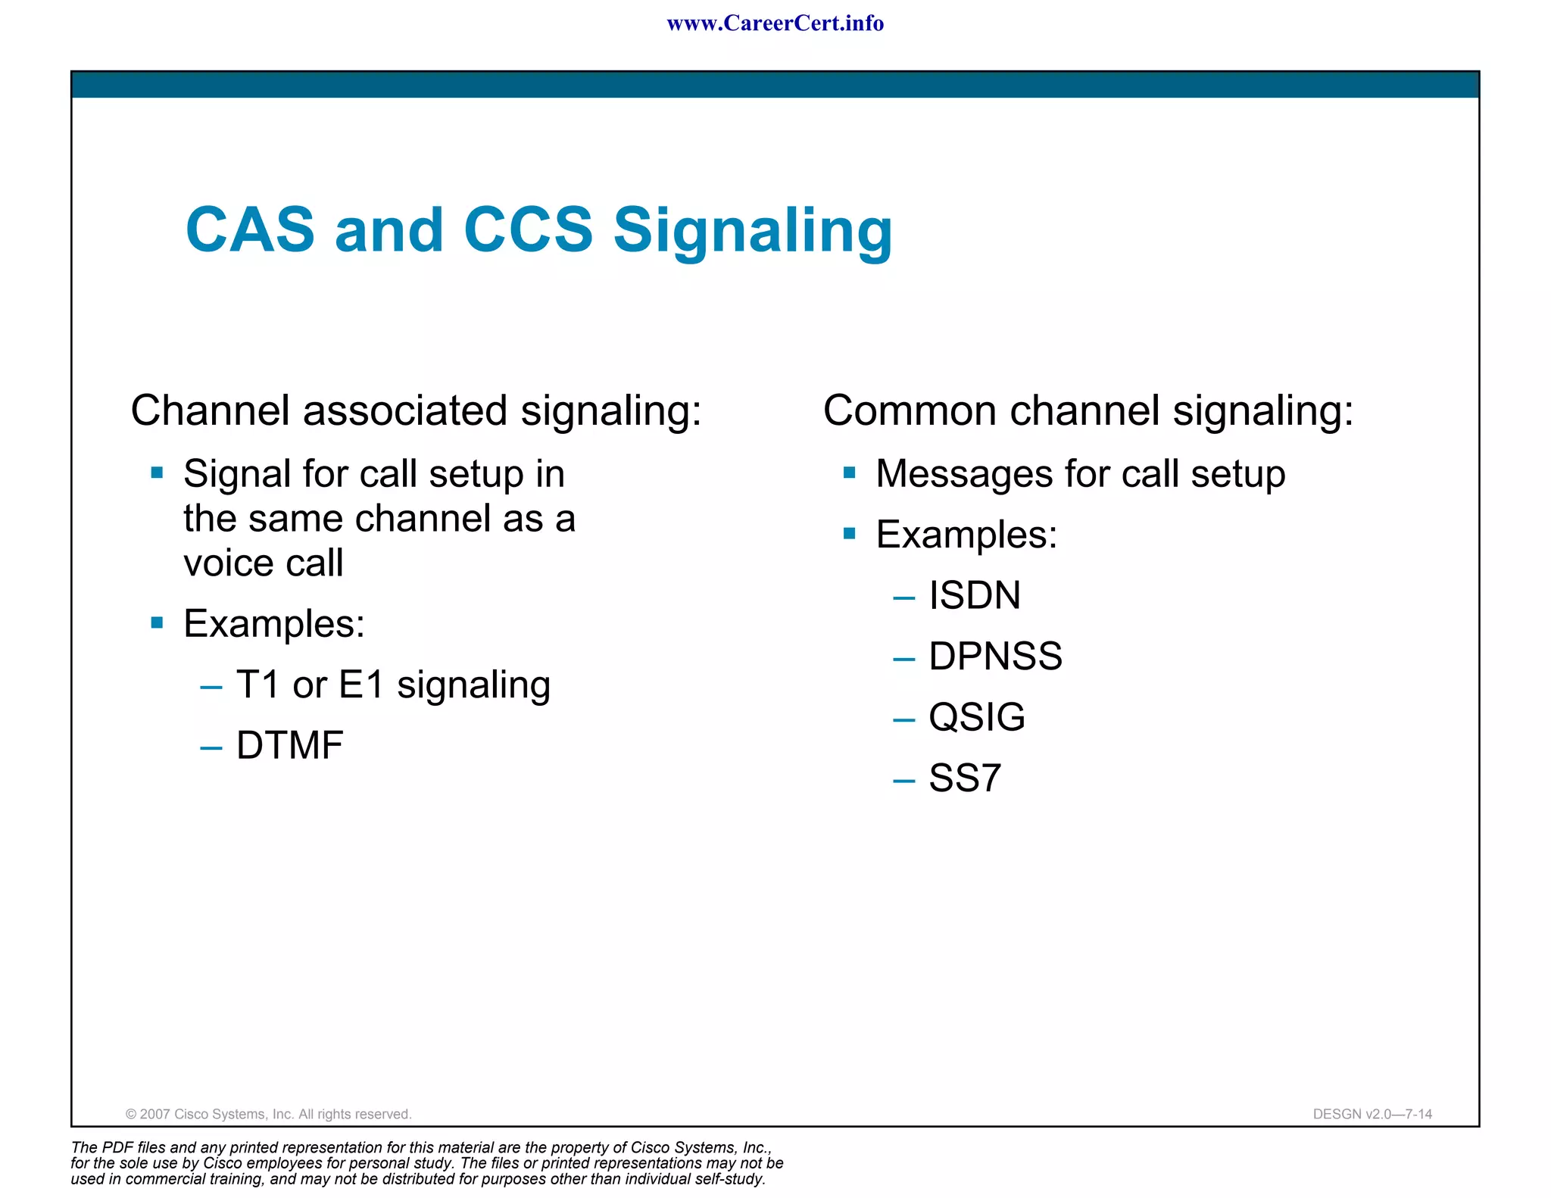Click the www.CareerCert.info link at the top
pos(775,23)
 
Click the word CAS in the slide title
pos(250,229)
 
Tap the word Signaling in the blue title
pos(753,231)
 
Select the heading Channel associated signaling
pos(416,411)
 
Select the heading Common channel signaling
pos(1088,411)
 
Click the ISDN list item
pos(975,595)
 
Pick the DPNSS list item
pos(995,656)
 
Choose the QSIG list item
pos(977,717)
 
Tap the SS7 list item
pos(965,778)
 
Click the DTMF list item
pos(289,745)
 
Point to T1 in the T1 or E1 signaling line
pos(258,685)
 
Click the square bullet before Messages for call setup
pos(849,473)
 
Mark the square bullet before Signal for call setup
pos(157,473)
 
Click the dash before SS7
pos(903,780)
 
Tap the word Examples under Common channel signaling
pos(966,535)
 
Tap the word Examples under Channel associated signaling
pos(273,624)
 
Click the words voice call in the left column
pos(263,563)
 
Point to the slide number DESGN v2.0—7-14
pos(1372,1114)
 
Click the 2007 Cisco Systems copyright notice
pos(268,1114)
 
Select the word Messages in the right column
pos(963,474)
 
